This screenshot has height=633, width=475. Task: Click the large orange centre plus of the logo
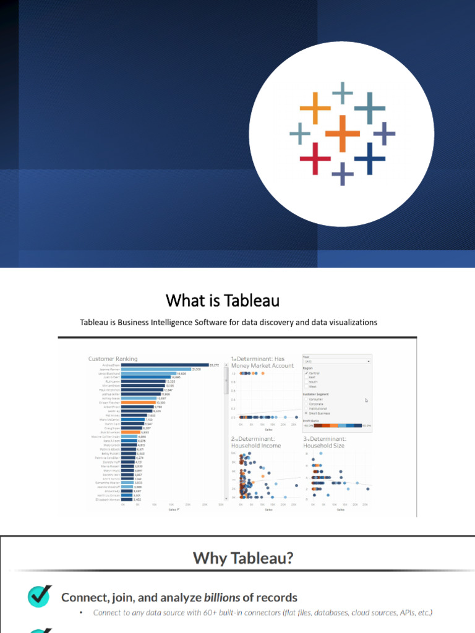tap(342, 133)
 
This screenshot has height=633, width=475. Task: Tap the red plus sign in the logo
tap(315, 158)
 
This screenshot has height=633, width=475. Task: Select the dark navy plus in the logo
tap(370, 158)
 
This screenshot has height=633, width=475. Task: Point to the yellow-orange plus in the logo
tap(315, 108)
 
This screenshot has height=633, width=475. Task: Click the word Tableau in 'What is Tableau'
tap(252, 301)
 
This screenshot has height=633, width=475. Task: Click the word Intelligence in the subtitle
tap(179, 322)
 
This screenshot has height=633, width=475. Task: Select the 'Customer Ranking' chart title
tap(113, 359)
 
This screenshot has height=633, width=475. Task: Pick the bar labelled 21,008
tap(156, 370)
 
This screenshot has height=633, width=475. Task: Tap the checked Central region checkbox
tap(306, 373)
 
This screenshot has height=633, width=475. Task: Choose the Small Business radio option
tap(306, 413)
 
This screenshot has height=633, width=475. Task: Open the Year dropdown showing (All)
tap(336, 361)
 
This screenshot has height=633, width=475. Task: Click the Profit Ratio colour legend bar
tap(338, 425)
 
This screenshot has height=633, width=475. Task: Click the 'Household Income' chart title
tap(255, 445)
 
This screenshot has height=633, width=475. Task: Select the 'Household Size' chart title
tap(324, 445)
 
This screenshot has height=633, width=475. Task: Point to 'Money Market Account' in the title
tap(263, 366)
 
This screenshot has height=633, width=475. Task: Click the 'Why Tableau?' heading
tap(243, 559)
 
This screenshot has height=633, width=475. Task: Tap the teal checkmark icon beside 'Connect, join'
tap(40, 597)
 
